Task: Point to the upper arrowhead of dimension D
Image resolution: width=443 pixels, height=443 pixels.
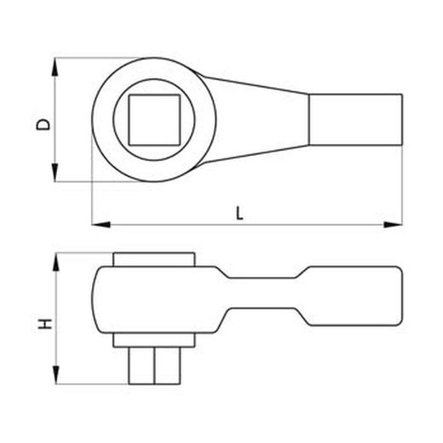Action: click(x=56, y=65)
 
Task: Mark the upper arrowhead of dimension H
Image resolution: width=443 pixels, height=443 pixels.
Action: click(x=56, y=258)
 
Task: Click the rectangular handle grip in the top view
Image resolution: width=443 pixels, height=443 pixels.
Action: click(x=354, y=119)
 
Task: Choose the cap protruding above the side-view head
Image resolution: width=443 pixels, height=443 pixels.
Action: click(x=154, y=259)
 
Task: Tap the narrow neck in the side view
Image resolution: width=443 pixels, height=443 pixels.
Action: click(x=264, y=302)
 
